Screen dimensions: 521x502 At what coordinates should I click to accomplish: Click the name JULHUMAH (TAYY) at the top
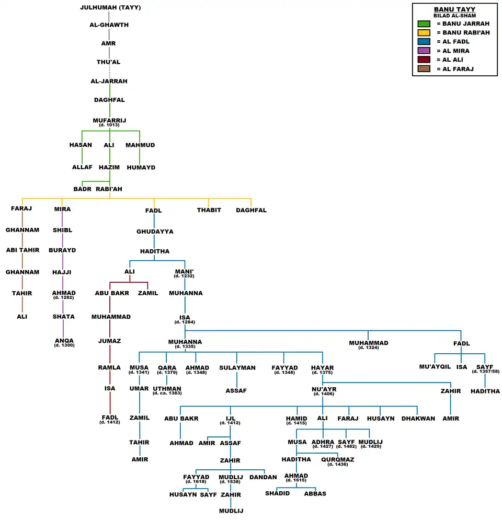[x=110, y=8]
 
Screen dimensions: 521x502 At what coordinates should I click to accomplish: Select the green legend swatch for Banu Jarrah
[x=424, y=24]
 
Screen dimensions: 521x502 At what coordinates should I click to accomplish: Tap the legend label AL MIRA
[x=456, y=51]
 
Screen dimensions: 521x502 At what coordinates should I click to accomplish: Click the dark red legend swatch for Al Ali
[x=424, y=60]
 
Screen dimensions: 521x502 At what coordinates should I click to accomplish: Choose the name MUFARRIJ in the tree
[x=109, y=120]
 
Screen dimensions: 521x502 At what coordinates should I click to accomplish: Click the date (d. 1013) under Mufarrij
[x=109, y=125]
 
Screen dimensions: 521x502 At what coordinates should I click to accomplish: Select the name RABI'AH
[x=109, y=189]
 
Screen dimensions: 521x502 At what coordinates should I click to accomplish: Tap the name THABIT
[x=209, y=210]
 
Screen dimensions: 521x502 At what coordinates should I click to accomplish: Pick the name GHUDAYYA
[x=155, y=231]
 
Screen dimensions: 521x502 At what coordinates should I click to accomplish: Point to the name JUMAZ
[x=110, y=341]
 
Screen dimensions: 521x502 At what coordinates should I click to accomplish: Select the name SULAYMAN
[x=237, y=368]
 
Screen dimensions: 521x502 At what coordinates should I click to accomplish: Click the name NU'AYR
[x=323, y=389]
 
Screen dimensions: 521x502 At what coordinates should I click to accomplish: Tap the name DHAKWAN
[x=418, y=419]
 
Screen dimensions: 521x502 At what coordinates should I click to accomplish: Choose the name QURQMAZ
[x=337, y=459]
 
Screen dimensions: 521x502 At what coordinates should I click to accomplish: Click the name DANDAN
[x=263, y=477]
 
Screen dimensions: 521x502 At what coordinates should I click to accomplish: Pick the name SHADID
[x=277, y=493]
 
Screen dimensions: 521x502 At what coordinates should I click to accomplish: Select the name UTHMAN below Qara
[x=167, y=388]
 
